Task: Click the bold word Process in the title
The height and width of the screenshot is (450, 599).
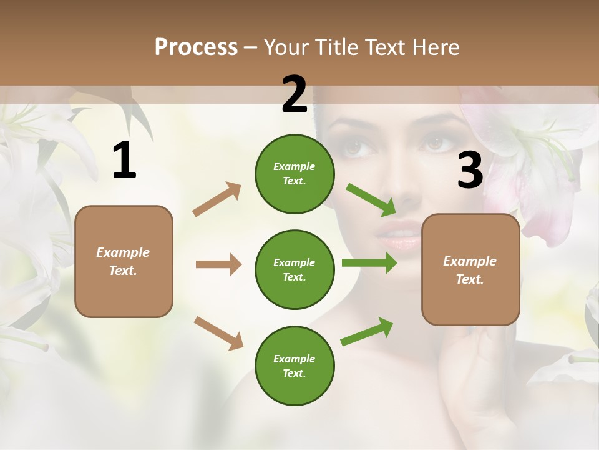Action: click(196, 47)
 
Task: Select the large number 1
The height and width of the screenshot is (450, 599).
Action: click(124, 161)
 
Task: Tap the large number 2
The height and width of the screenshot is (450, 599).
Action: click(295, 94)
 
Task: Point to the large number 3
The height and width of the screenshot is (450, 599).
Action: click(470, 171)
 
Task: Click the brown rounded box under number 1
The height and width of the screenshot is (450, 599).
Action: click(124, 261)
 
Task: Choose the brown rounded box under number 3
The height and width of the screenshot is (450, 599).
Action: click(470, 269)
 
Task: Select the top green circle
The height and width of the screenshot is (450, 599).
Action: click(295, 174)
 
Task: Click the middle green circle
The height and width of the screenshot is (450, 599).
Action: click(295, 269)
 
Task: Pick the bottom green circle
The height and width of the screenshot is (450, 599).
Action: click(295, 366)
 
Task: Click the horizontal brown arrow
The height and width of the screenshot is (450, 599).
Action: click(218, 264)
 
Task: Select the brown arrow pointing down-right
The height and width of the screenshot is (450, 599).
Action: click(218, 333)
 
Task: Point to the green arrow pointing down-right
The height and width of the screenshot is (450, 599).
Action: click(371, 200)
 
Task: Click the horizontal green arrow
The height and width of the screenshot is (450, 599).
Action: click(369, 263)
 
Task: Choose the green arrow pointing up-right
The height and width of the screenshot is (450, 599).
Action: click(367, 331)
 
